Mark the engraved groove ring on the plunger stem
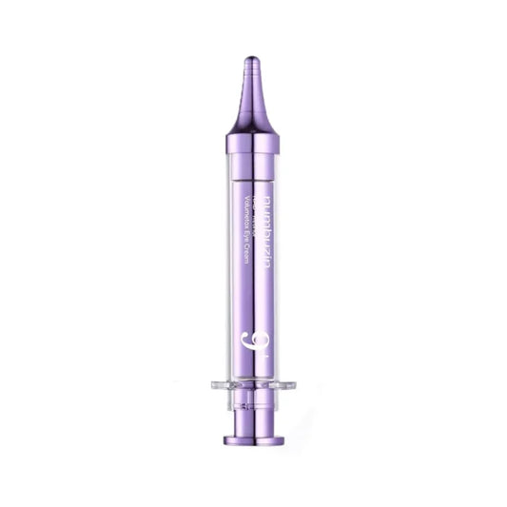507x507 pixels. [x=254, y=424]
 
